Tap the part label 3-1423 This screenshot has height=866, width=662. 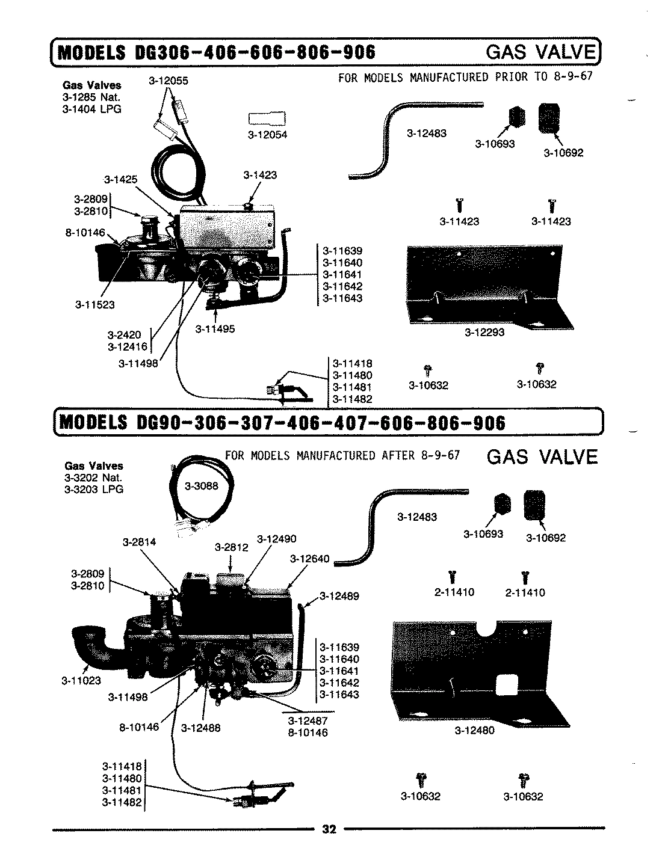point(260,175)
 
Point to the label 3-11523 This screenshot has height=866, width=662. point(94,305)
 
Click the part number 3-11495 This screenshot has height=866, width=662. point(215,329)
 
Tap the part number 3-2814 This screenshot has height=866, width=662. point(139,542)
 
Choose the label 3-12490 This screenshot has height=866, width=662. point(276,539)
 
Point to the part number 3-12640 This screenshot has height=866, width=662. point(309,559)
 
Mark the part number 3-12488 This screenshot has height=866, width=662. point(201,728)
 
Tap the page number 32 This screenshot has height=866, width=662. point(329,829)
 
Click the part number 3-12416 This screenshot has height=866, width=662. point(127,346)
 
